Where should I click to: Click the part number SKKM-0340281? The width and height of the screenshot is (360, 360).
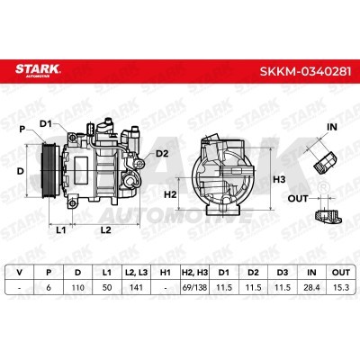[x=305, y=71]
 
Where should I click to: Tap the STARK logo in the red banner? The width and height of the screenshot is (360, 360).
[x=38, y=70]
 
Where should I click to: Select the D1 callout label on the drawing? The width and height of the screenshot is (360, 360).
[x=46, y=123]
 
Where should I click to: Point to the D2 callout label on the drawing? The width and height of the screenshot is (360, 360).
[x=162, y=154]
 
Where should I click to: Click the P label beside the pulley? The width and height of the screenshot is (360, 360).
[x=22, y=130]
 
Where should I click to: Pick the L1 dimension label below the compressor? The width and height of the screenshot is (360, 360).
[x=61, y=230]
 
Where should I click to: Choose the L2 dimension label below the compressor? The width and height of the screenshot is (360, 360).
[x=105, y=230]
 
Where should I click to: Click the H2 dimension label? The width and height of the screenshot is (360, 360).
[x=170, y=194]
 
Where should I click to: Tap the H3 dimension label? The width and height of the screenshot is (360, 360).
[x=279, y=180]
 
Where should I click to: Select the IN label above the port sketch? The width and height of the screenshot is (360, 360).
[x=332, y=127]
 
